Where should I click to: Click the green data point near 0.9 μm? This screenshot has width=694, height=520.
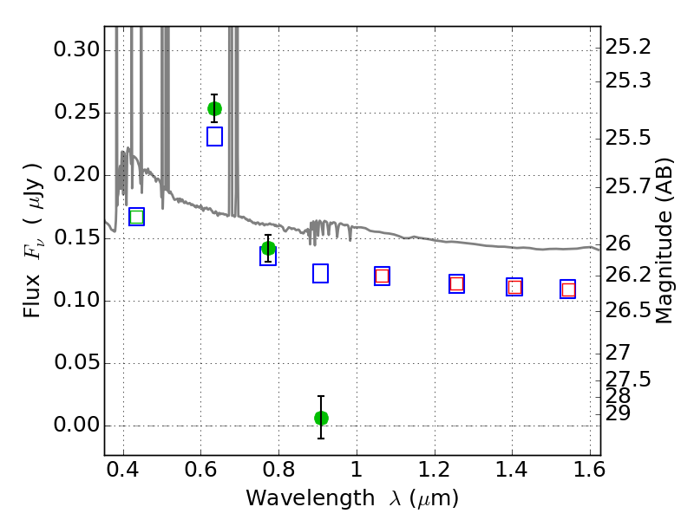[x=321, y=418]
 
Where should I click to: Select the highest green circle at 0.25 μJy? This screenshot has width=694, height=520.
[x=214, y=109]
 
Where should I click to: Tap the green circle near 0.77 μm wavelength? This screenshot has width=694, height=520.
[x=268, y=249]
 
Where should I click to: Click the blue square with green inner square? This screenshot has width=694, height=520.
[x=137, y=217]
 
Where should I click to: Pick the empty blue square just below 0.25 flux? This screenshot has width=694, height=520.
[x=214, y=137]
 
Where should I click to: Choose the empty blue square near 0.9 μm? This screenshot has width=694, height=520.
[x=320, y=273]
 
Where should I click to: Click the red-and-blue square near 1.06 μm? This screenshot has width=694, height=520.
[x=382, y=276]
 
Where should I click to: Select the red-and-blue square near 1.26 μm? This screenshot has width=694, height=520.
[x=457, y=283]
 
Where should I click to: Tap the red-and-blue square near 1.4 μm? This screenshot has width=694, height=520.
[x=514, y=287]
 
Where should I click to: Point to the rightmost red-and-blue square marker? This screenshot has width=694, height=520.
[x=568, y=289]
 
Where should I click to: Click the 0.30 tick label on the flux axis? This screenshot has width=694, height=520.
[x=76, y=49]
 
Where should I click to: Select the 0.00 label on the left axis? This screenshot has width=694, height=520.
[x=76, y=425]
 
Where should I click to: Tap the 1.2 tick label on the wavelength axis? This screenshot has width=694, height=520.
[x=435, y=469]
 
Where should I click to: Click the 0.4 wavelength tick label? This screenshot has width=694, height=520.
[x=123, y=469]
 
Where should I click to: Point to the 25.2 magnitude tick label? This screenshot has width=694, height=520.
[x=628, y=47]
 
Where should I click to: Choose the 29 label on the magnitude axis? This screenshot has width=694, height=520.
[x=618, y=413]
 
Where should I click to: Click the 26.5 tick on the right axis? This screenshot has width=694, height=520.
[x=628, y=310]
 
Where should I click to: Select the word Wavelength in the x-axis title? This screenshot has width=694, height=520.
[x=311, y=498]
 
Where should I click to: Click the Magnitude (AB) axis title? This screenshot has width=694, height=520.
[x=664, y=241]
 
